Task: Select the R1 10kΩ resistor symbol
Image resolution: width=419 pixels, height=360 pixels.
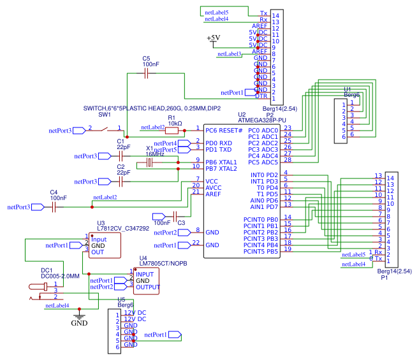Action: tap(172, 130)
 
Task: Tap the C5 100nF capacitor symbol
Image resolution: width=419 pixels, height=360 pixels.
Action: tap(147, 74)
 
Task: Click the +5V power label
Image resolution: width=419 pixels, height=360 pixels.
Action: tap(213, 38)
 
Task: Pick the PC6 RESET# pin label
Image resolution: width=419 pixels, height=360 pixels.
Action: tap(224, 130)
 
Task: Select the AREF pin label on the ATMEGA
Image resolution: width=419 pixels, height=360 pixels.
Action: tap(214, 194)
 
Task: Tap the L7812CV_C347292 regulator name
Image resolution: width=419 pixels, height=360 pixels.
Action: tap(123, 228)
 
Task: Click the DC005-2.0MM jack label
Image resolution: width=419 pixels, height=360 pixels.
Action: tap(60, 276)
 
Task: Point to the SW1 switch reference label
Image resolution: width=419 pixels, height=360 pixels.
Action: tap(105, 115)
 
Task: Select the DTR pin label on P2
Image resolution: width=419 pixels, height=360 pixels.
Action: tap(261, 96)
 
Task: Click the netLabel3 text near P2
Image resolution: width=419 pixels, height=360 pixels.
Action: tap(230, 54)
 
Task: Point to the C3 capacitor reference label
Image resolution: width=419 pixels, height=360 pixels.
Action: tap(181, 223)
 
